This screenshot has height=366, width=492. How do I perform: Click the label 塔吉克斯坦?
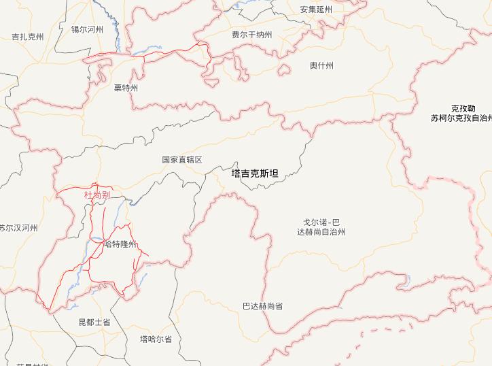pyautogui.click(x=255, y=173)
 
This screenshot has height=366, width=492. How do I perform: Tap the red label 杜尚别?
pyautogui.click(x=96, y=195)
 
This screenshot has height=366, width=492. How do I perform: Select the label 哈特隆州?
pyautogui.click(x=120, y=244)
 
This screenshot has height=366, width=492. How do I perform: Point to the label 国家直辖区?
pyautogui.click(x=182, y=160)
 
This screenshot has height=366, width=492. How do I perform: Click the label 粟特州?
pyautogui.click(x=126, y=88)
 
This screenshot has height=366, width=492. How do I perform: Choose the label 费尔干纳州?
pyautogui.click(x=251, y=35)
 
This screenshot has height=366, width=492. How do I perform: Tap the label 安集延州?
pyautogui.click(x=316, y=10)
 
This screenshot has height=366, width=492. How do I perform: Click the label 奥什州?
pyautogui.click(x=321, y=65)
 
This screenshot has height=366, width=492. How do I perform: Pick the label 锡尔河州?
pyautogui.click(x=87, y=29)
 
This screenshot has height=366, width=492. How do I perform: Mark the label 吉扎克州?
pyautogui.click(x=28, y=37)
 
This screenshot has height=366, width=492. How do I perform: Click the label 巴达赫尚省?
pyautogui.click(x=262, y=306)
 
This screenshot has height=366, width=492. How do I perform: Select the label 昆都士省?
pyautogui.click(x=94, y=320)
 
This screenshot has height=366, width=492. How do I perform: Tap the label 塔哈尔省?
pyautogui.click(x=156, y=339)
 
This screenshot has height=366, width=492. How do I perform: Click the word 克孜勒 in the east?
pyautogui.click(x=463, y=108)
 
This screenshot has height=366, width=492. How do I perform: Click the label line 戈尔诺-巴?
pyautogui.click(x=326, y=222)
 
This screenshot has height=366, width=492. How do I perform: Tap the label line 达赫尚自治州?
pyautogui.click(x=321, y=232)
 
